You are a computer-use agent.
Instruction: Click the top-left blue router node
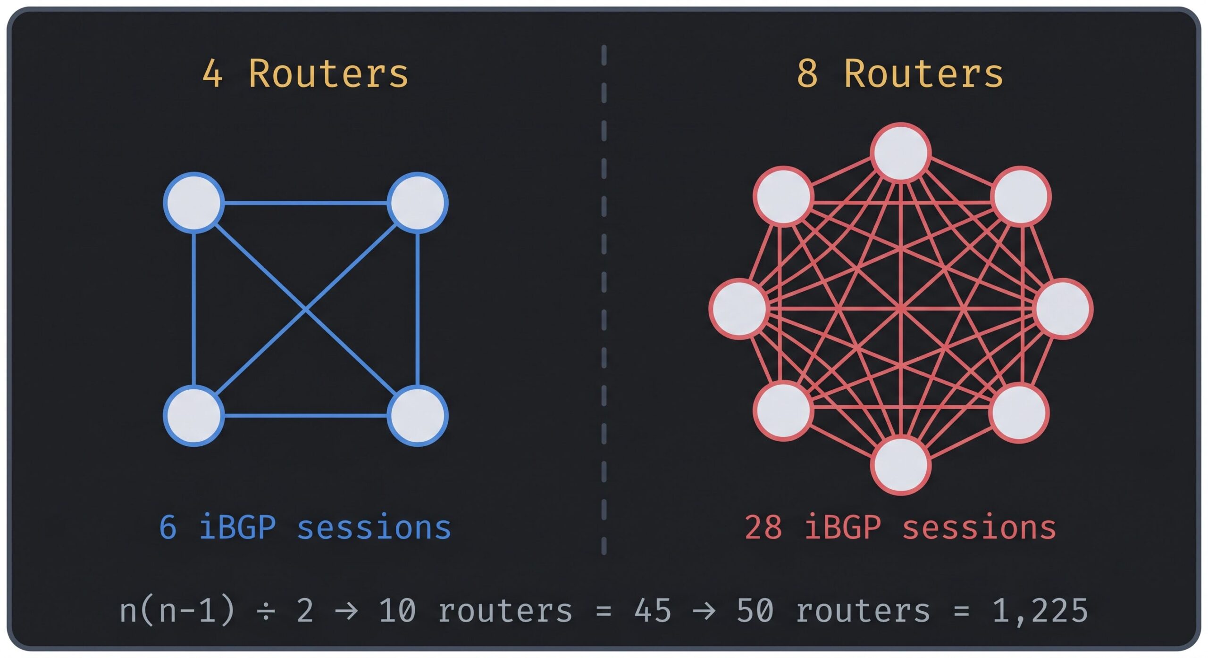coord(193,203)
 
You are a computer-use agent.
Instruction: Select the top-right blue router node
coord(418,203)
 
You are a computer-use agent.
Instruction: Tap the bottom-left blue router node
coord(193,416)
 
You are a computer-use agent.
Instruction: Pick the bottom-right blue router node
coord(418,416)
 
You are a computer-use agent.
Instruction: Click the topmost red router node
coord(901,153)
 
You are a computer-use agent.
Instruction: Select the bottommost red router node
coord(901,466)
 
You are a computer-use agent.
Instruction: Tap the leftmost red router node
coord(739,309)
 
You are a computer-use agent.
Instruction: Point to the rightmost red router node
coord(1064,309)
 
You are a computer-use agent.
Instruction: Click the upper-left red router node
coord(783,196)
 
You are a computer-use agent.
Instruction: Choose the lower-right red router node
coord(1019,413)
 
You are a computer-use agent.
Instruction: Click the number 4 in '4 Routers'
coord(212,74)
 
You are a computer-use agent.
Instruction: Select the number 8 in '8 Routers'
coord(807,74)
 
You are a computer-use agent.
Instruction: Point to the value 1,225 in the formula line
coord(1040,611)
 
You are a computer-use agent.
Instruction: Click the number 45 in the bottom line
coord(653,611)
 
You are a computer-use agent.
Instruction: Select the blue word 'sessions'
coord(374,527)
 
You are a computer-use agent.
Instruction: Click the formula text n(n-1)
coord(177,611)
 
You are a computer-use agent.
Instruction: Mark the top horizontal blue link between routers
coord(306,203)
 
